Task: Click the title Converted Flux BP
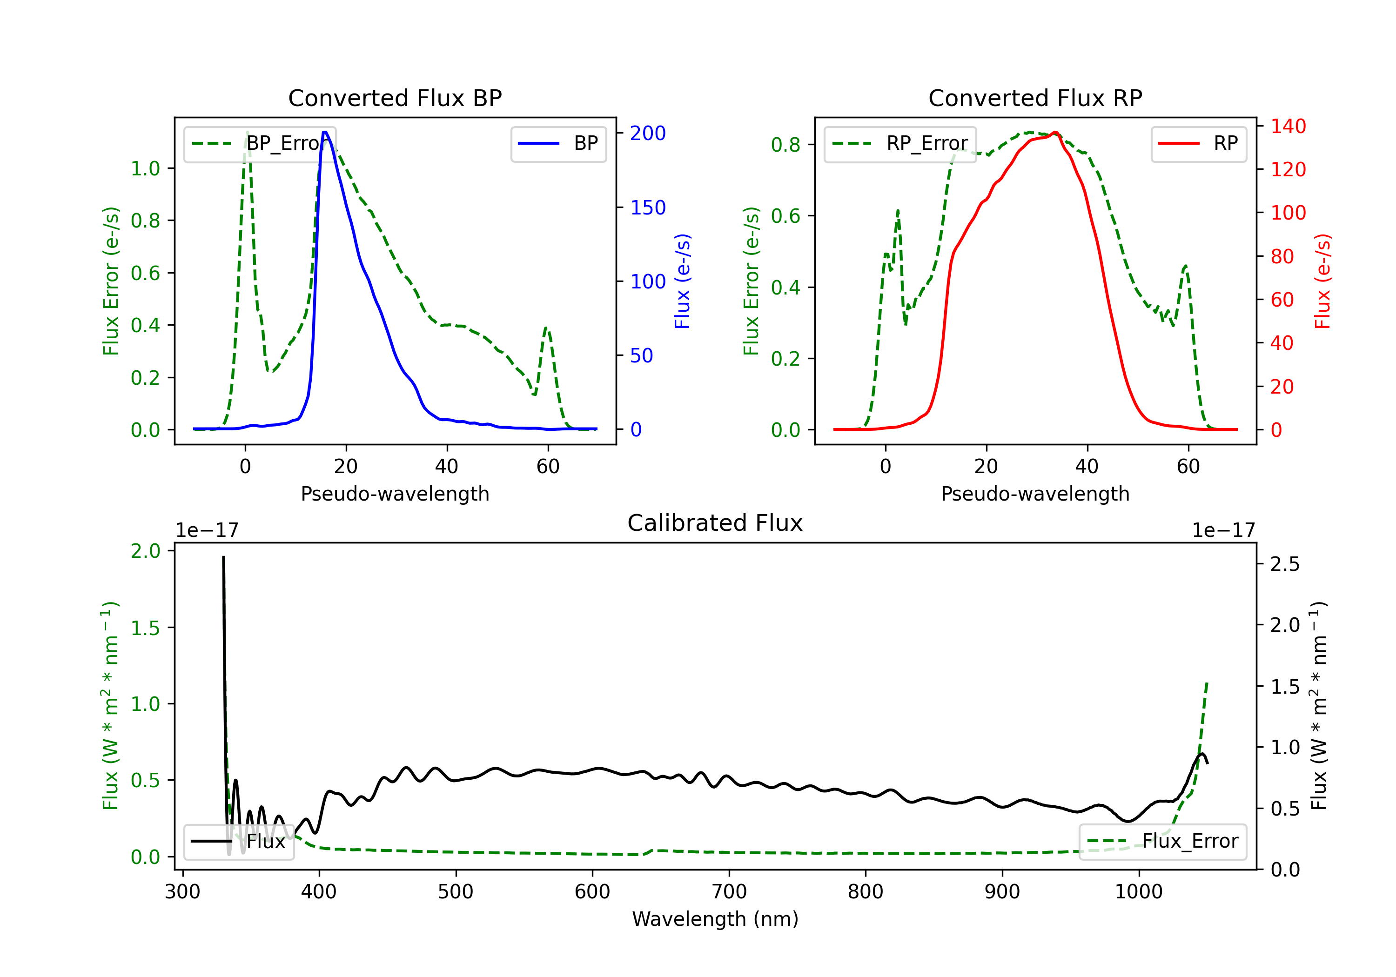(395, 98)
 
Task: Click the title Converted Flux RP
(1035, 98)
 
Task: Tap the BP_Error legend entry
(260, 143)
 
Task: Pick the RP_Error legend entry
(900, 143)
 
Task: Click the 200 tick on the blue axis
(648, 133)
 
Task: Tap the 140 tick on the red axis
(1288, 127)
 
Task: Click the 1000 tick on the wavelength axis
(1138, 891)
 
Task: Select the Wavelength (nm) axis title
(715, 919)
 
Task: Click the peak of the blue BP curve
(325, 132)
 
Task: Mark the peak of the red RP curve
(1055, 133)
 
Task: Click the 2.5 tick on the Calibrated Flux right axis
(1284, 564)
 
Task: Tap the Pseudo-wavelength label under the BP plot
(395, 494)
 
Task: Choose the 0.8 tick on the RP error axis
(785, 145)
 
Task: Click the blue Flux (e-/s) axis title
(682, 281)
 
